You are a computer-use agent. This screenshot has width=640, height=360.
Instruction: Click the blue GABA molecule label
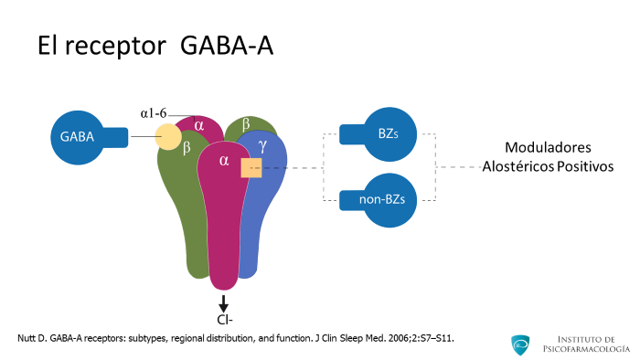point(77,137)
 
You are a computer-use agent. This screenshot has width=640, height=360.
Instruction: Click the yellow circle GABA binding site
point(168,136)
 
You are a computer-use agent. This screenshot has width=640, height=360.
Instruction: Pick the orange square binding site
point(251,168)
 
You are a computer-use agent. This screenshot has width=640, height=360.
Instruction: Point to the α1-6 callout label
point(154,113)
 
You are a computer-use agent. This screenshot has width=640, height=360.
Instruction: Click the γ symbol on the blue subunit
point(263,145)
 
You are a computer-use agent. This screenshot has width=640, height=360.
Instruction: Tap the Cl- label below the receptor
point(225,320)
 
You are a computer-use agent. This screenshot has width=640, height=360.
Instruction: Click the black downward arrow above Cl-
point(223,303)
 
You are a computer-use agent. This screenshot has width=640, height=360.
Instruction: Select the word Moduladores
point(548,148)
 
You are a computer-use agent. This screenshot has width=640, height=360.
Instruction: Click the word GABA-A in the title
point(227,45)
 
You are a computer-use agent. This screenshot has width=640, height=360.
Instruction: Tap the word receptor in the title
point(116,46)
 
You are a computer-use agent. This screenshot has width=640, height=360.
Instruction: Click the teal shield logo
point(520,344)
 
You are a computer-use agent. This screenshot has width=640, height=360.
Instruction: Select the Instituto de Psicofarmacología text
point(586,344)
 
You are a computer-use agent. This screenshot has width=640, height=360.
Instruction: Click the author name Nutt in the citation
point(26,338)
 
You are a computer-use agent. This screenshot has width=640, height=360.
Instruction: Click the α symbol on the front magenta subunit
point(224,161)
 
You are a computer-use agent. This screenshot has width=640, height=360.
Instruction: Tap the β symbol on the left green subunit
point(187,148)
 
